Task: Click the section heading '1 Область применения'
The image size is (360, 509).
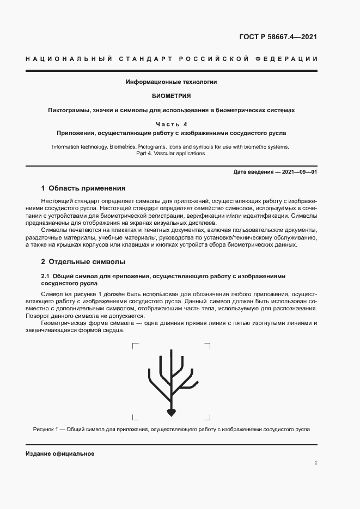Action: (x=83, y=188)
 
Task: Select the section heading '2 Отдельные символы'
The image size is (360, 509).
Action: (x=83, y=261)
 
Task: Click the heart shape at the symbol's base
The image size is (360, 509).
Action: (x=171, y=413)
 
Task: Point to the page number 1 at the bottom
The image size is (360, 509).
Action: (x=315, y=463)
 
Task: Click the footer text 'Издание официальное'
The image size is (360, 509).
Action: (x=60, y=453)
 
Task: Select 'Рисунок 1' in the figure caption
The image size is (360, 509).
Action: (x=44, y=430)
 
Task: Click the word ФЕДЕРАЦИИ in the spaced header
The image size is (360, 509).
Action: (x=285, y=59)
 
